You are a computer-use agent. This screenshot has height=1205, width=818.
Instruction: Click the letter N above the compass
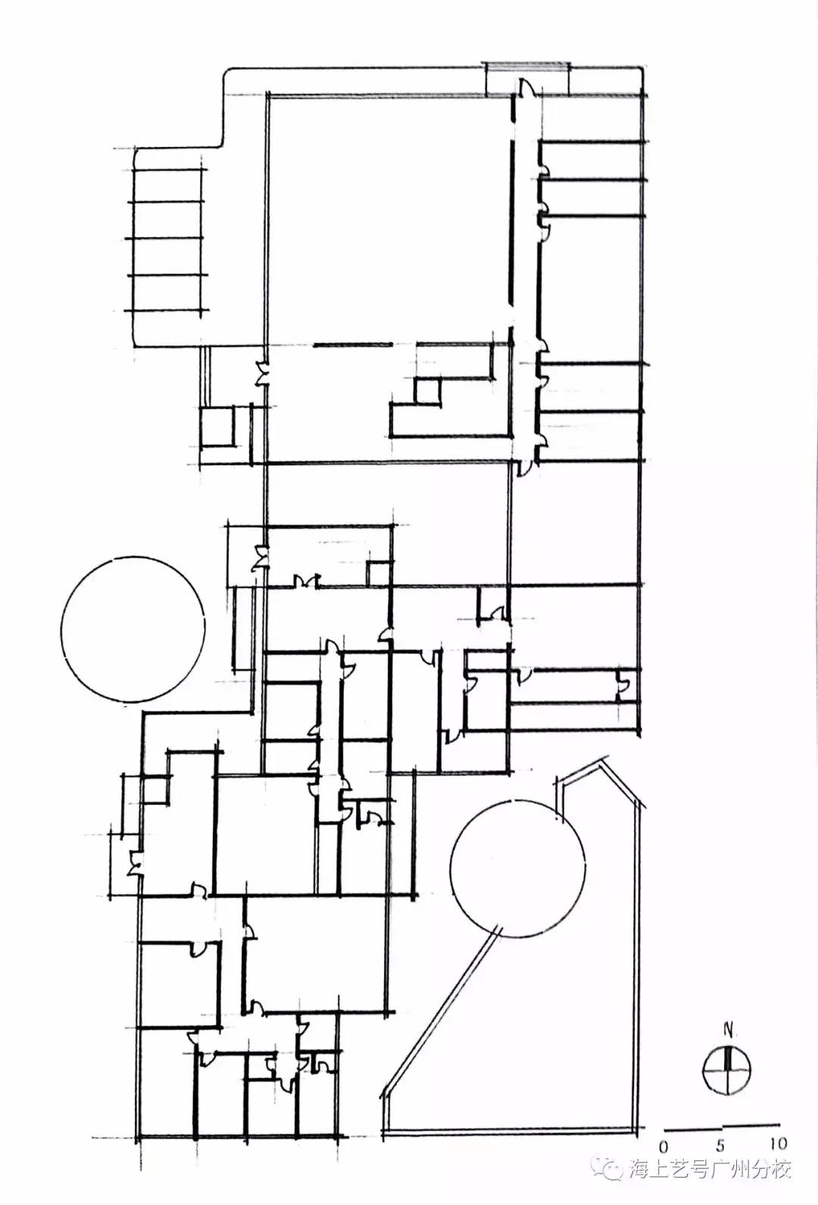(x=728, y=1030)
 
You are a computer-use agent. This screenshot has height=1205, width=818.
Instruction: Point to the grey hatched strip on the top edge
(x=527, y=65)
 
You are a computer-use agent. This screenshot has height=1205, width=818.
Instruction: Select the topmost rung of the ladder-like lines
(x=168, y=170)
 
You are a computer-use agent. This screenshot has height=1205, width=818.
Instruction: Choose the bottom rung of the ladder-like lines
(x=166, y=311)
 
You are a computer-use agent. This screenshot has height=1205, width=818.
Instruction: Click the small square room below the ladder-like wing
(x=217, y=426)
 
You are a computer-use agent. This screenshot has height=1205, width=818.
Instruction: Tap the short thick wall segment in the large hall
(x=352, y=344)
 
